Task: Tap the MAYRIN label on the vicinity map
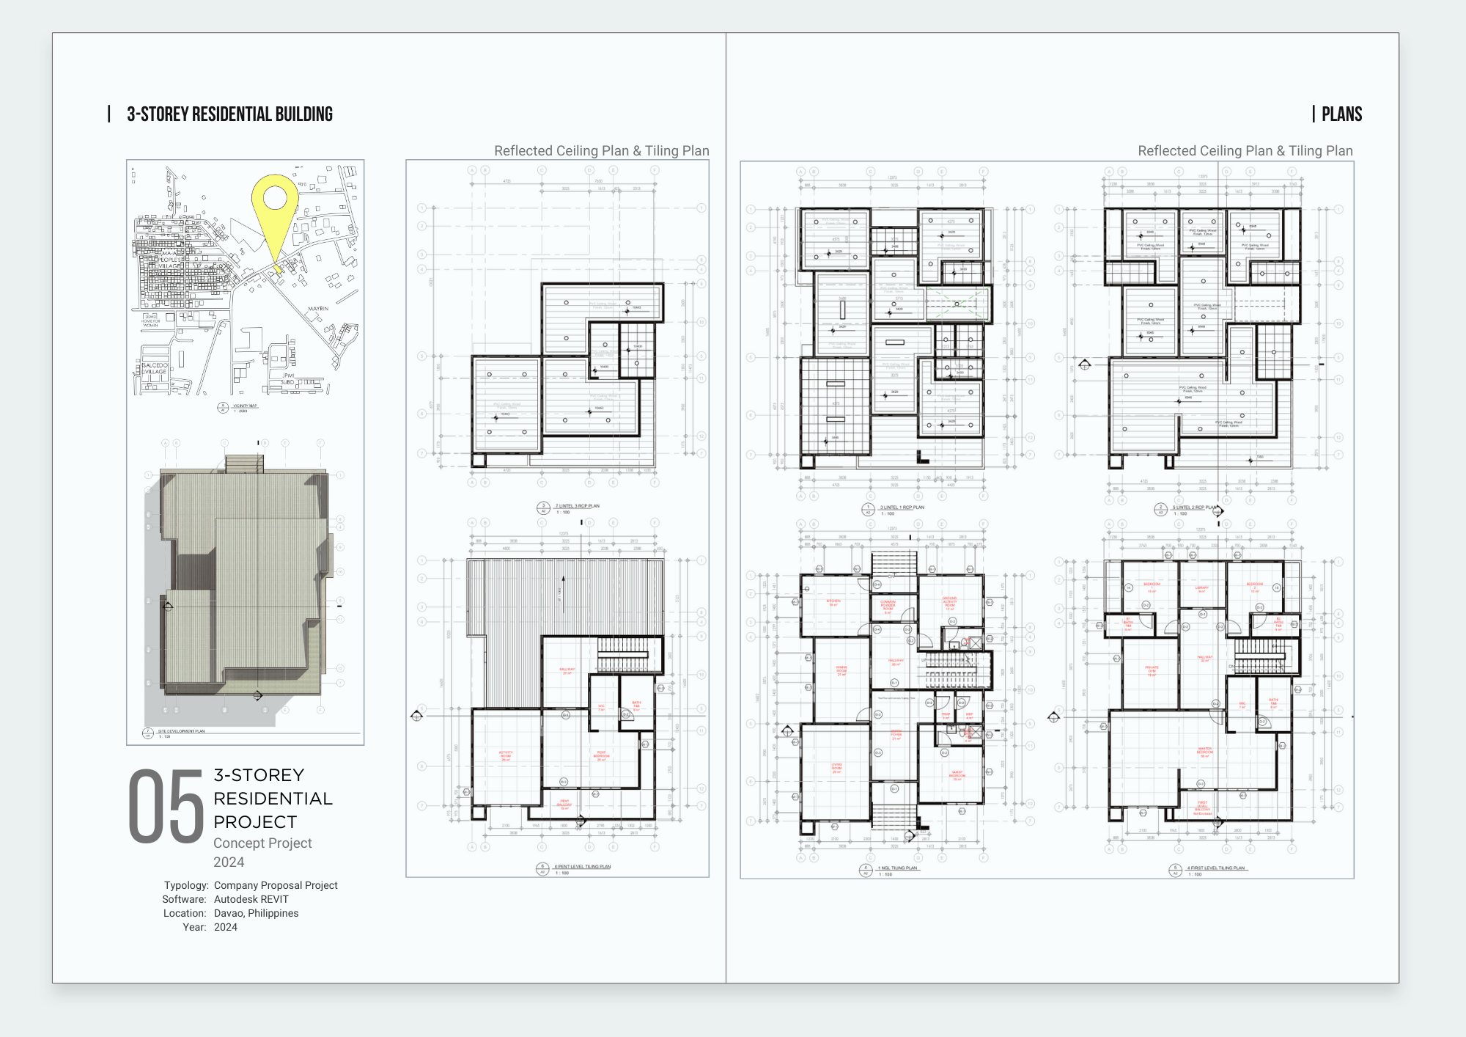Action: (x=318, y=309)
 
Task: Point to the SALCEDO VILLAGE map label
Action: (x=155, y=368)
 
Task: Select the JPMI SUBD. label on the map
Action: (x=288, y=378)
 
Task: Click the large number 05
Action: (x=166, y=806)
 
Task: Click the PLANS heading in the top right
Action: (x=1341, y=114)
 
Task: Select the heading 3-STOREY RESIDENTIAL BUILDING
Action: (x=229, y=114)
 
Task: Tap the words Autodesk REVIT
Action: (x=251, y=899)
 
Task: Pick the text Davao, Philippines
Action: (x=256, y=913)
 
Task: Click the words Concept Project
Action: (x=262, y=843)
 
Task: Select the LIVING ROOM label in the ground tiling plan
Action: (x=836, y=768)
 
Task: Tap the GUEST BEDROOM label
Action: (x=957, y=774)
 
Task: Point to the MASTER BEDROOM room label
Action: (x=1205, y=752)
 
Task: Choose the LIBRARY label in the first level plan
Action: (x=1202, y=589)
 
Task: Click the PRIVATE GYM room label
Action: (x=1152, y=670)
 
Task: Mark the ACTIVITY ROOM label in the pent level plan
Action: (x=506, y=755)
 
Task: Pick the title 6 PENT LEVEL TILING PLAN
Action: (x=582, y=867)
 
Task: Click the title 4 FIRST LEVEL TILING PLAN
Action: (x=1215, y=868)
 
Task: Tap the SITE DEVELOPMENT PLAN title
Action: (x=181, y=731)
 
